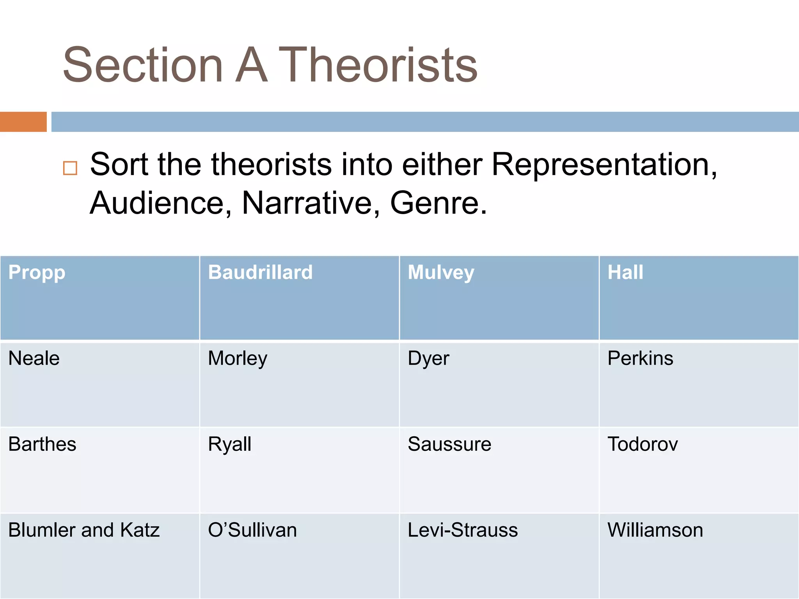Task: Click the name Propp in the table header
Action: pyautogui.click(x=37, y=273)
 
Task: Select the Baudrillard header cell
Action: pyautogui.click(x=260, y=273)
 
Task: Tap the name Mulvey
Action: pyautogui.click(x=441, y=273)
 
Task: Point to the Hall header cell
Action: pyautogui.click(x=625, y=273)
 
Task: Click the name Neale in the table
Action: pyautogui.click(x=34, y=358)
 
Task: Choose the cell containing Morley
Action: pyautogui.click(x=238, y=358)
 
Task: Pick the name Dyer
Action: pyautogui.click(x=428, y=358)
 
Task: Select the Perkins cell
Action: pyautogui.click(x=640, y=358)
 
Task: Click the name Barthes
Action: pyautogui.click(x=42, y=444)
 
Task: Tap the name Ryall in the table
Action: pyautogui.click(x=229, y=444)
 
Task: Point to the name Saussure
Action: pyautogui.click(x=449, y=444)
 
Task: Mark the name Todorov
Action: pyautogui.click(x=643, y=444)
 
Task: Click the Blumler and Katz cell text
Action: pyautogui.click(x=84, y=530)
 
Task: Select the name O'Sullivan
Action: pyautogui.click(x=252, y=530)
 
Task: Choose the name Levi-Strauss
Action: pyautogui.click(x=463, y=530)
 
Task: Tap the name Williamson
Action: pyautogui.click(x=655, y=530)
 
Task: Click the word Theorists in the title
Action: pyautogui.click(x=378, y=65)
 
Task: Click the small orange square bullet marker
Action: pyautogui.click(x=70, y=168)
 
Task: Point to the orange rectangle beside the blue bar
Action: pyautogui.click(x=23, y=122)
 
